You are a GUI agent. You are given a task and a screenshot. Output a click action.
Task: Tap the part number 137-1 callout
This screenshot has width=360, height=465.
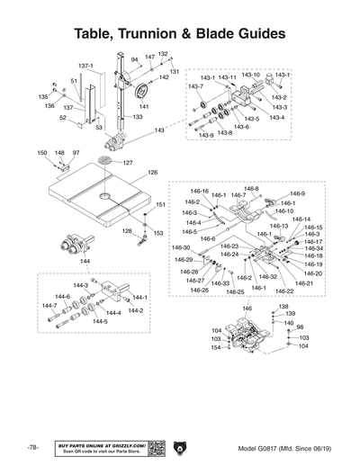(85, 66)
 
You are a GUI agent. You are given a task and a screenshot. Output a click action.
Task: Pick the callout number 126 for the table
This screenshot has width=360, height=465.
(152, 172)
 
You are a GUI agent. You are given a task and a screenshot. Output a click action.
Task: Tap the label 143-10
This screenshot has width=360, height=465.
(250, 76)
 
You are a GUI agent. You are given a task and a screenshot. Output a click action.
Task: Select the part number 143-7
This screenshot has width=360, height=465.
(194, 86)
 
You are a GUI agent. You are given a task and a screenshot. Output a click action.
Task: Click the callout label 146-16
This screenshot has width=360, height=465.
(199, 192)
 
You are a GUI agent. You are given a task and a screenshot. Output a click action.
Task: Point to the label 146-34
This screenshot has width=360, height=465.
(313, 248)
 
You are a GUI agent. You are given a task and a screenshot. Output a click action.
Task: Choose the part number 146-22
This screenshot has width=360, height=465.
(283, 291)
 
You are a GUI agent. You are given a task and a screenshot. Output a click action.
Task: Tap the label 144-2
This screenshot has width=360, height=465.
(135, 310)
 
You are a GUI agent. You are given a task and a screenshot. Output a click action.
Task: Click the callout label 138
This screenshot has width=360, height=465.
(283, 307)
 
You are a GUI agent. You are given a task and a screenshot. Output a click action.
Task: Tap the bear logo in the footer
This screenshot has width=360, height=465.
(179, 447)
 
